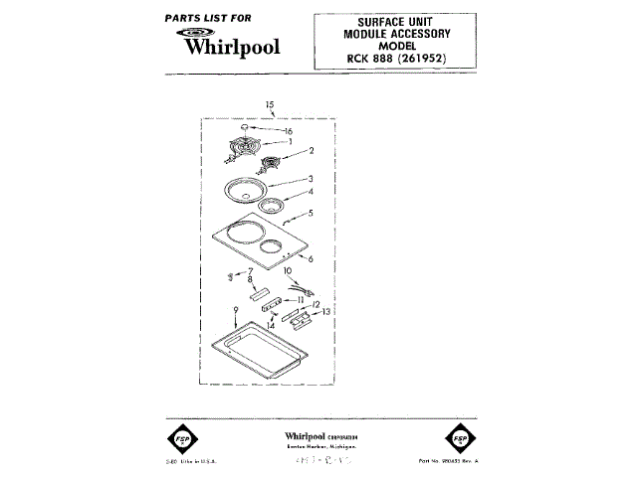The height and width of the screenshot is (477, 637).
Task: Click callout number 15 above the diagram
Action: click(269, 104)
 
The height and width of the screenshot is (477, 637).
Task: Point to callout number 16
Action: click(289, 131)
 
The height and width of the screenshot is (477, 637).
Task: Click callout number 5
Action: click(311, 212)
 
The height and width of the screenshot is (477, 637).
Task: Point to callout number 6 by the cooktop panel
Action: click(312, 258)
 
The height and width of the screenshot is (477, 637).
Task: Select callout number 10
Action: click(288, 269)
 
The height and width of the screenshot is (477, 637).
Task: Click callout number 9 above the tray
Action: click(235, 310)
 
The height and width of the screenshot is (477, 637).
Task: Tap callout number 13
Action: click(325, 311)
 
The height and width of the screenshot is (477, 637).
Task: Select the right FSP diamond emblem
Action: click(460, 438)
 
